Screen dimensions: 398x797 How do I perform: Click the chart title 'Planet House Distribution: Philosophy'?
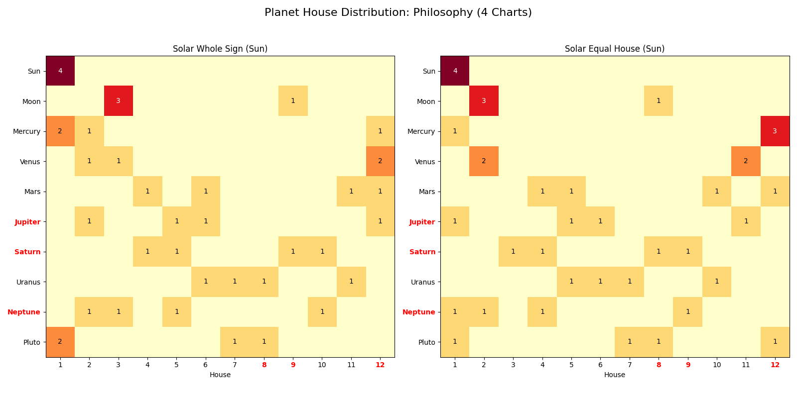click(398, 12)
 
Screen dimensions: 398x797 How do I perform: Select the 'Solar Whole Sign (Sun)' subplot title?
click(220, 49)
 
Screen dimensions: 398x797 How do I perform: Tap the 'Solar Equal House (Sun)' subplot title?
click(615, 49)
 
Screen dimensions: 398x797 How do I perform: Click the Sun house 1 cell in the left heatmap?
click(60, 71)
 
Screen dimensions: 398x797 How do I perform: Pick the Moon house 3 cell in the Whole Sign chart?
click(118, 101)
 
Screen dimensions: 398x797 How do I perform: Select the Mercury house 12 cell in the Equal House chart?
click(775, 131)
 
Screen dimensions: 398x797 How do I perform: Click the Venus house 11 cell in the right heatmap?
click(746, 161)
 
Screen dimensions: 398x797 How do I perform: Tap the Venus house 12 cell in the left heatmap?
click(380, 161)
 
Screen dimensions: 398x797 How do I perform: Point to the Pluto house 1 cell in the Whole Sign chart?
click(60, 342)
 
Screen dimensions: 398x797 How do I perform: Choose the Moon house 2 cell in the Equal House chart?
click(484, 101)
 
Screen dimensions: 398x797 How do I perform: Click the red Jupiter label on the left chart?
click(28, 222)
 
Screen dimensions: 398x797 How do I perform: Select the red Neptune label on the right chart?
click(418, 312)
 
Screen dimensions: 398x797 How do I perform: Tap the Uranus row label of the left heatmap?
click(28, 282)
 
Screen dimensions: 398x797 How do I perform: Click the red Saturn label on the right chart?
click(422, 252)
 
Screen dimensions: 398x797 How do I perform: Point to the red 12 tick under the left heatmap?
click(380, 365)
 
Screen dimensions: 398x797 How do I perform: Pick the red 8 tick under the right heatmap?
click(659, 365)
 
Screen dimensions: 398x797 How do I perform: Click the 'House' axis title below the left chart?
click(220, 375)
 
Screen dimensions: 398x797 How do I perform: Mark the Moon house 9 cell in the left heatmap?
click(293, 101)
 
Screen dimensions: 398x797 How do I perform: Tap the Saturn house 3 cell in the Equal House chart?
click(513, 252)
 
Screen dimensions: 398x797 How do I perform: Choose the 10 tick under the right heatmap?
click(717, 365)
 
